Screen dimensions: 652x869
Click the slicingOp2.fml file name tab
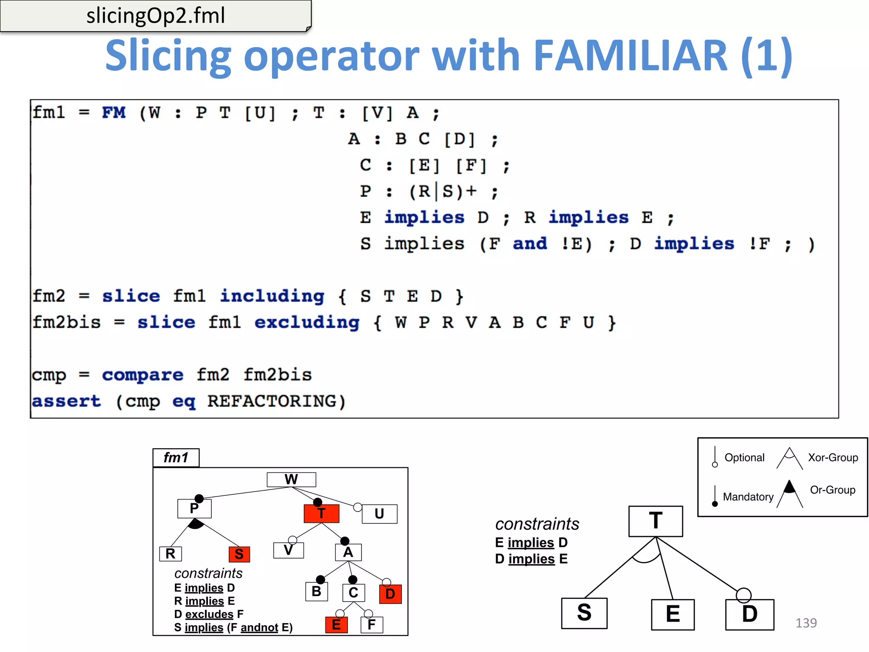[155, 16]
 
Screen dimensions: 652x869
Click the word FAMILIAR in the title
[631, 56]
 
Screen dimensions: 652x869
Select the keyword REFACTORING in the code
[276, 401]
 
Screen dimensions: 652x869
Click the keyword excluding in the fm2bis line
[307, 323]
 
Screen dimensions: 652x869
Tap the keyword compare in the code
[143, 375]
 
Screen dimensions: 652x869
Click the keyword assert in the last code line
[67, 401]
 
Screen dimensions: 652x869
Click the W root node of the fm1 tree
[291, 480]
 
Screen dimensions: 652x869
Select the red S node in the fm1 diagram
[239, 554]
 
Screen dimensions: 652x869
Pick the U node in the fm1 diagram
[379, 514]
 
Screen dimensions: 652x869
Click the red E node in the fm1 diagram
[336, 625]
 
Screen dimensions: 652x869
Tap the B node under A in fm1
[317, 592]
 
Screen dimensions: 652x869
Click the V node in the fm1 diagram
[289, 551]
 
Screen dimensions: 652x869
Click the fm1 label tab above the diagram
[176, 458]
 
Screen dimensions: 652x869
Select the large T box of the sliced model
[656, 521]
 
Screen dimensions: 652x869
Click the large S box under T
[584, 613]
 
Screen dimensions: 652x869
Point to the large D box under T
[750, 615]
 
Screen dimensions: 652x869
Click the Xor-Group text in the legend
[833, 458]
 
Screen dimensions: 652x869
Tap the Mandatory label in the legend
[748, 497]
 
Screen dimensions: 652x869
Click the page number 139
[806, 623]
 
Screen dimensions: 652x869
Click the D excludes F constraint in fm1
[209, 614]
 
